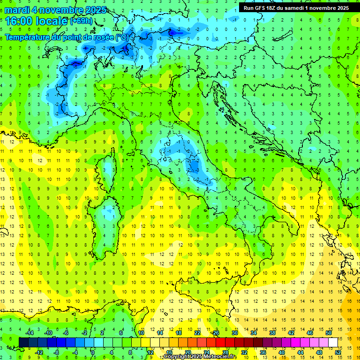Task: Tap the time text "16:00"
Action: [19, 21]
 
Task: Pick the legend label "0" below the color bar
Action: [92, 352]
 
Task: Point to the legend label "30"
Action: [234, 333]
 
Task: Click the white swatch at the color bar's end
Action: [333, 342]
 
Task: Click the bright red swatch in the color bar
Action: [220, 342]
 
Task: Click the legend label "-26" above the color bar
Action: [215, 333]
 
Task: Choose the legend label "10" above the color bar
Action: [141, 333]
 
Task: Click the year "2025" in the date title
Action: [93, 9]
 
